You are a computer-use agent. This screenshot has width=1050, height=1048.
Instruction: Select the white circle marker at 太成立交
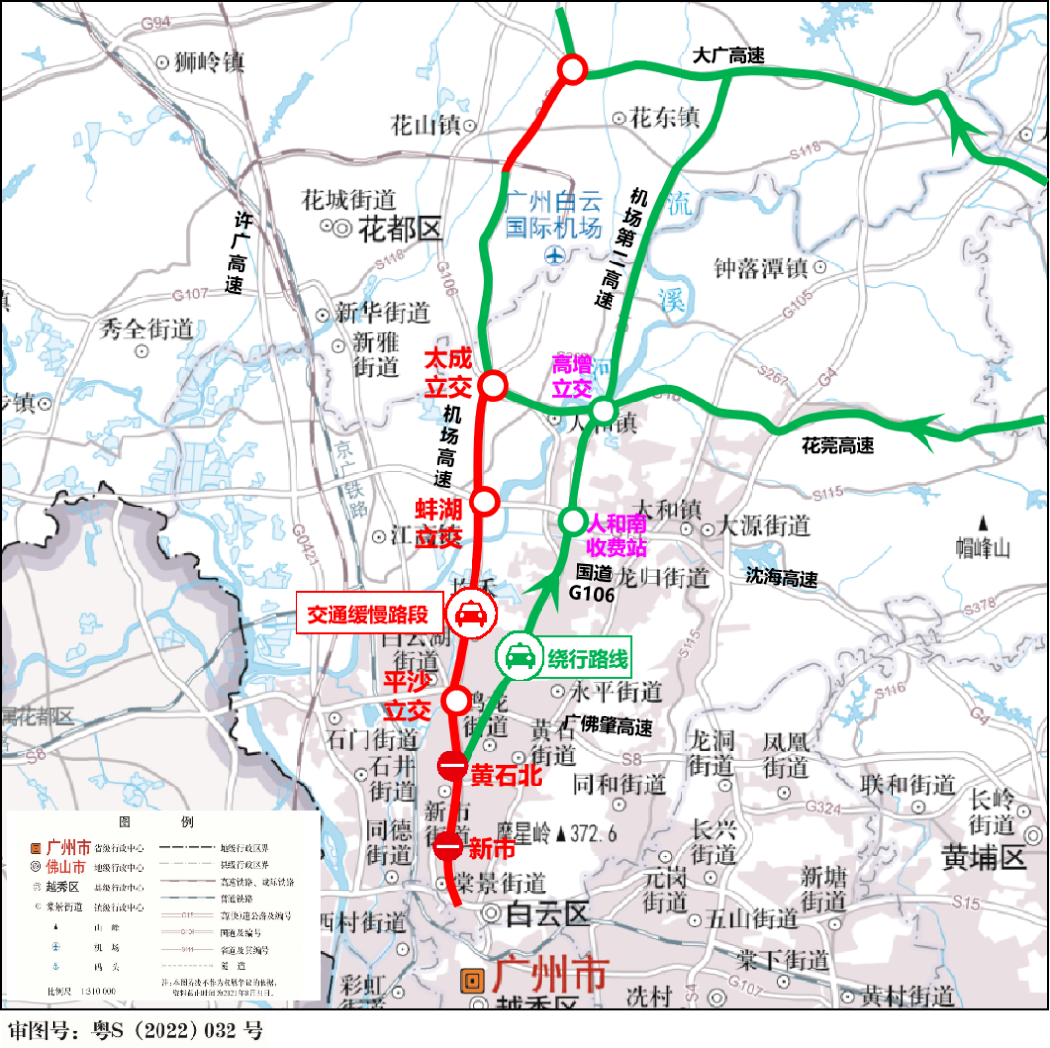[x=494, y=385]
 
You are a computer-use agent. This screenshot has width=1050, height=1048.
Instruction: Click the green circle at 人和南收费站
[x=572, y=520]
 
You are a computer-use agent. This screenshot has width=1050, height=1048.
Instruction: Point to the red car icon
[x=473, y=614]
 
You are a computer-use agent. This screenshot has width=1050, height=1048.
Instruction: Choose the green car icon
[x=520, y=658]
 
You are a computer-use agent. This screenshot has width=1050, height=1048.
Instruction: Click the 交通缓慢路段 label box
[x=372, y=614]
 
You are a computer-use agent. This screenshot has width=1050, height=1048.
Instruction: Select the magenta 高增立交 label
[x=572, y=376]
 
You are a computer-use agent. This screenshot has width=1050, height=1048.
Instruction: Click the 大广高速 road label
[x=728, y=55]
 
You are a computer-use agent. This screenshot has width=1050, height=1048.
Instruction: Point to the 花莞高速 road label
[x=837, y=446]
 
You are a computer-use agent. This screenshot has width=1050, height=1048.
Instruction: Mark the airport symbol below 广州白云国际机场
[x=553, y=257]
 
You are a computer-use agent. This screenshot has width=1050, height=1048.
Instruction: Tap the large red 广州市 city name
[x=550, y=973]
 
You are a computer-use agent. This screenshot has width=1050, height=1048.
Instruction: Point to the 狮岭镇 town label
[x=208, y=63]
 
